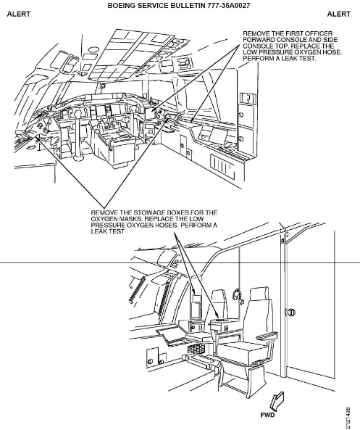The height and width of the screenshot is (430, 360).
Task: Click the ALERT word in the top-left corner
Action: pyautogui.click(x=19, y=14)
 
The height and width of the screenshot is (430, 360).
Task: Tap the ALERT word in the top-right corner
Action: pyautogui.click(x=339, y=14)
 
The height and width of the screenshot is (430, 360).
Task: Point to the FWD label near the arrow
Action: pyautogui.click(x=268, y=415)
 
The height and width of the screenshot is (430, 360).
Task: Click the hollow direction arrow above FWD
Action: pyautogui.click(x=277, y=401)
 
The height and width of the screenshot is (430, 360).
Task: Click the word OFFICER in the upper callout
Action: pyautogui.click(x=319, y=33)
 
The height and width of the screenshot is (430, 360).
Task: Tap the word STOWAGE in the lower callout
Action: pyautogui.click(x=148, y=212)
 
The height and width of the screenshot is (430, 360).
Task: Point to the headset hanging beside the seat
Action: pyautogui.click(x=237, y=295)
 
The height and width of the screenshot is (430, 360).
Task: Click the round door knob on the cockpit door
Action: pyautogui.click(x=290, y=312)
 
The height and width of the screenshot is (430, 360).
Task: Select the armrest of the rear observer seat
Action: pyautogui.click(x=267, y=336)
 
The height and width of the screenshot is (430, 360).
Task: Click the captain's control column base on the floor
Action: pyautogui.click(x=79, y=158)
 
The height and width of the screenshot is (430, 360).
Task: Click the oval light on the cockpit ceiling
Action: pyautogui.click(x=94, y=49)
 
